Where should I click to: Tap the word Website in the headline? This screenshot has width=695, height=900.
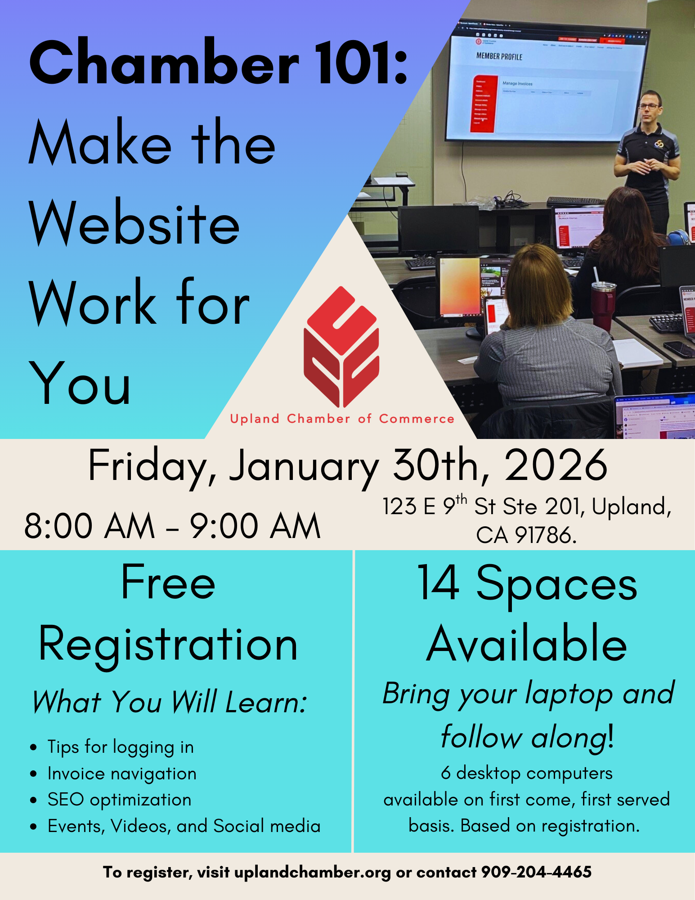(x=135, y=223)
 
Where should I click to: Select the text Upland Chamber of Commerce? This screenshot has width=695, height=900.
(x=342, y=419)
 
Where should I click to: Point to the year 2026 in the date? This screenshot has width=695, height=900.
(x=556, y=466)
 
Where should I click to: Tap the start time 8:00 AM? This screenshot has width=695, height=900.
(x=90, y=526)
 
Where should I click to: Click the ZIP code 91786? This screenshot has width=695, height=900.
(x=545, y=535)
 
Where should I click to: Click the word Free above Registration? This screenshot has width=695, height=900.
(x=168, y=583)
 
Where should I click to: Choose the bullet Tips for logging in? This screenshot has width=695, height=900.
(x=121, y=747)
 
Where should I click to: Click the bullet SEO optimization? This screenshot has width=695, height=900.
(x=119, y=800)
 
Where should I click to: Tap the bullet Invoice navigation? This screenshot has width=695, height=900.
(x=122, y=773)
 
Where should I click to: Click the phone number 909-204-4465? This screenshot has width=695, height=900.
(x=536, y=872)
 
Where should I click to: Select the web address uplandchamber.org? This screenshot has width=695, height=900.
(x=313, y=873)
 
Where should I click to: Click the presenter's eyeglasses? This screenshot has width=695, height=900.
(x=648, y=107)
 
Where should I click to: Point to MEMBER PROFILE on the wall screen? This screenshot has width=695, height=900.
(x=499, y=57)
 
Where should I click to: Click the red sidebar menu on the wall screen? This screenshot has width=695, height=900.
(x=483, y=104)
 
